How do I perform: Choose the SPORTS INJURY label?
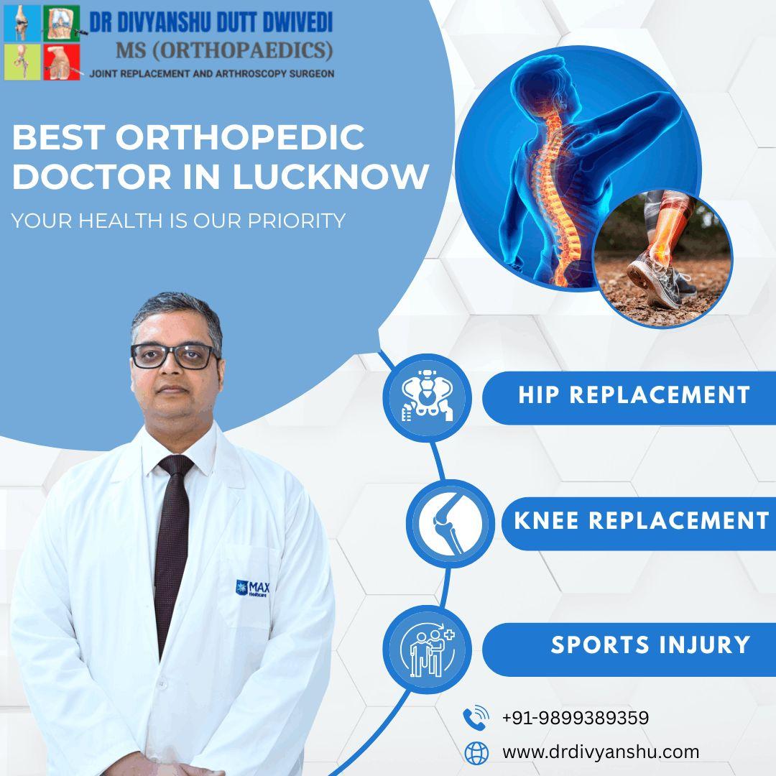point(650,645)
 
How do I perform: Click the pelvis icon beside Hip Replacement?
point(427,397)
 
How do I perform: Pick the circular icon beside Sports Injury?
point(427,649)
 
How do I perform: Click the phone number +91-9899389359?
point(575,718)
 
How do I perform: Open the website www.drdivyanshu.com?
point(600,752)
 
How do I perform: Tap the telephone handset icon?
point(476,718)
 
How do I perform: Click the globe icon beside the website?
point(476,752)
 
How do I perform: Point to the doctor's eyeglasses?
point(175,356)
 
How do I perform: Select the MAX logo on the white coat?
point(252,587)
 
